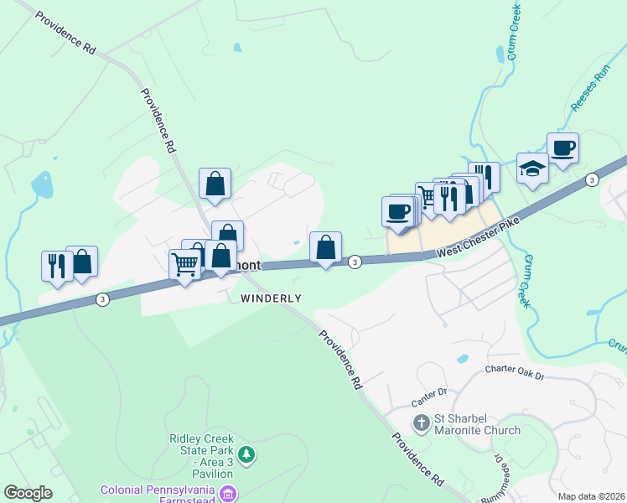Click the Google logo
click(28, 493)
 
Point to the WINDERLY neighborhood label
click(271, 298)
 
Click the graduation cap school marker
click(532, 168)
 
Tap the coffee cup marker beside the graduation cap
click(562, 148)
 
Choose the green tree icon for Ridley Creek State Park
click(246, 455)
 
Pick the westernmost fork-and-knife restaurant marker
click(57, 266)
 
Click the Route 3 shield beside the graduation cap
click(592, 179)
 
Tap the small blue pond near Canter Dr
click(462, 359)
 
